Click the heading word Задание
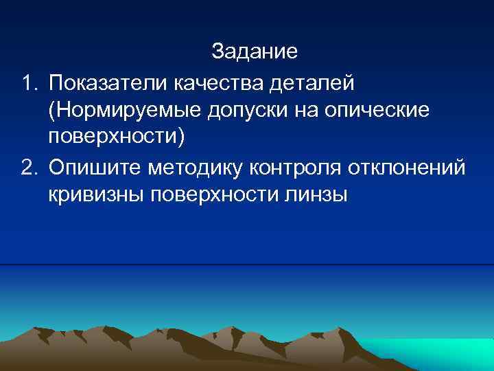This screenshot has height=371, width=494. (x=254, y=52)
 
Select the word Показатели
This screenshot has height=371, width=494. (x=108, y=85)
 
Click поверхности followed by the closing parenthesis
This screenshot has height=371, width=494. (x=117, y=137)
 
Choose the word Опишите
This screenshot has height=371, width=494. (x=89, y=166)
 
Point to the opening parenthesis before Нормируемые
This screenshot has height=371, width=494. (x=52, y=111)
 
